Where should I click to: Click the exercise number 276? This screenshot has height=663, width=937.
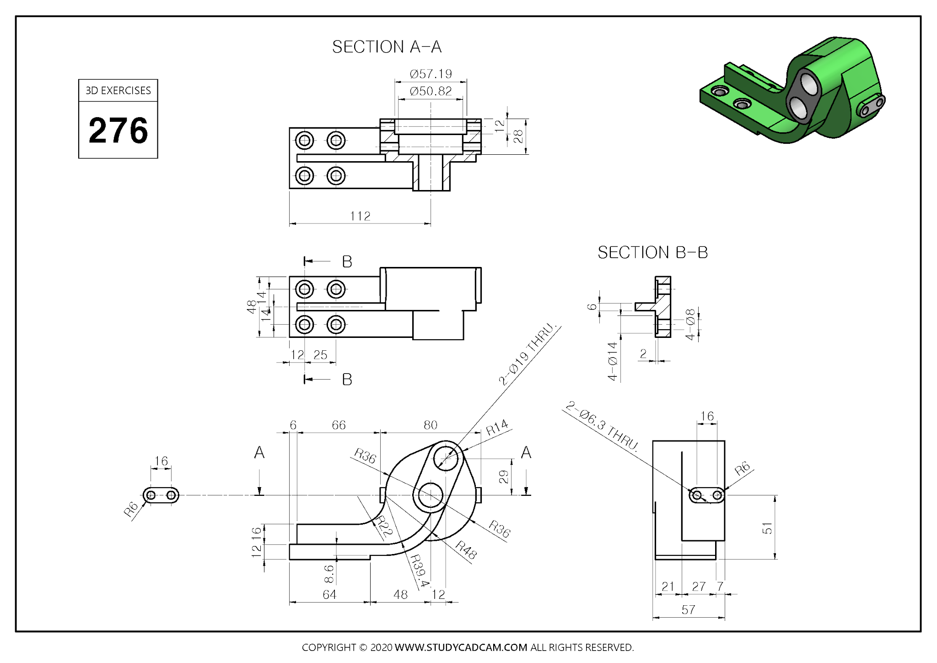[x=118, y=130]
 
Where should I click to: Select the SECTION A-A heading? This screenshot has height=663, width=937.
[x=387, y=47]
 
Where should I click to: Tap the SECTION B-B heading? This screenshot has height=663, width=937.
[x=652, y=252]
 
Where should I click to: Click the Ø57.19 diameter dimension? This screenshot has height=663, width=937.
[x=431, y=74]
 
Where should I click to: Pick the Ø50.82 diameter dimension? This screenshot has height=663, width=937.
[x=431, y=91]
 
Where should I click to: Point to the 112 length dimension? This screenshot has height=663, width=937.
[x=360, y=216]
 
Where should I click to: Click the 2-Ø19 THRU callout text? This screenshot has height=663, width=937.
[x=528, y=354]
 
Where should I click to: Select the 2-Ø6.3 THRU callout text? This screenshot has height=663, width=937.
[x=601, y=426]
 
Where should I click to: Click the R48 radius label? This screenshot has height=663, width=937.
[x=466, y=550]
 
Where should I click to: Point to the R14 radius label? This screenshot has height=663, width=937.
[x=497, y=428]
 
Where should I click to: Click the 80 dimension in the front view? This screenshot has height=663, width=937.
[x=430, y=425]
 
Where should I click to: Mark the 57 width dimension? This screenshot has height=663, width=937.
[x=688, y=610]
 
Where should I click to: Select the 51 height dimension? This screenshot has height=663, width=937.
[x=767, y=528]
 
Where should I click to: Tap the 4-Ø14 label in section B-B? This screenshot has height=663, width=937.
[x=613, y=361]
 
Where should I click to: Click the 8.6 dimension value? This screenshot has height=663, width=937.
[x=328, y=574]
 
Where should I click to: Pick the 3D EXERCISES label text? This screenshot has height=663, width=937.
[x=118, y=91]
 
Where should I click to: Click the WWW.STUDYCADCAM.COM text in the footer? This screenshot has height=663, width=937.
[x=461, y=647]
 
